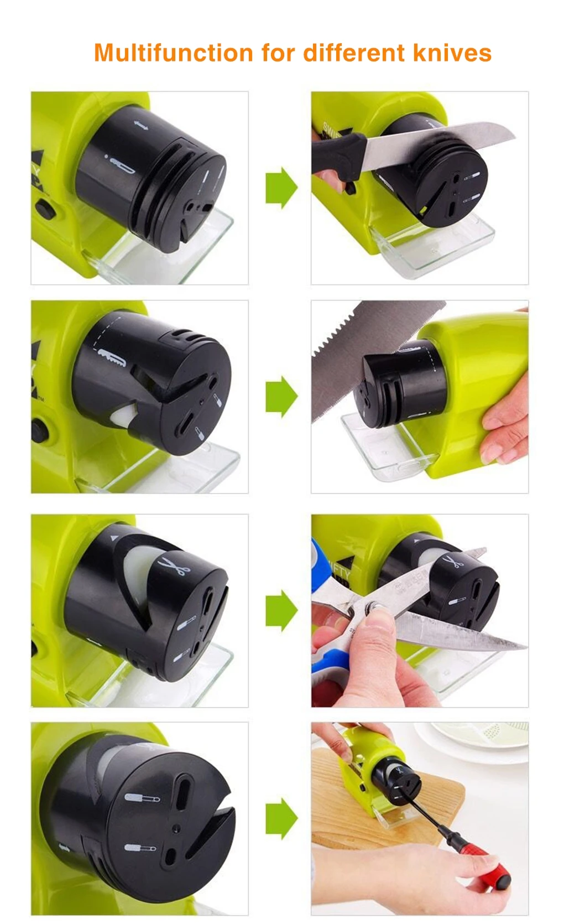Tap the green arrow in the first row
click(281, 188)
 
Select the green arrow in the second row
click(281, 396)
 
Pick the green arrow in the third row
click(281, 610)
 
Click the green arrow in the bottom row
click(281, 818)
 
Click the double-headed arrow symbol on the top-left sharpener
click(140, 127)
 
